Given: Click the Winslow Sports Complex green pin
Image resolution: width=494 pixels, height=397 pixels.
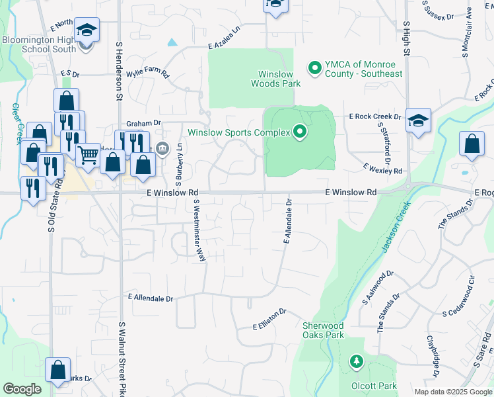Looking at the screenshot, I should tap(300, 132).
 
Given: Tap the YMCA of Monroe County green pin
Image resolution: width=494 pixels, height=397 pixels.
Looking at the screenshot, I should tap(314, 67).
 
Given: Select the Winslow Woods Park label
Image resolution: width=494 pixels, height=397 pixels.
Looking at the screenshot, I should tap(275, 79).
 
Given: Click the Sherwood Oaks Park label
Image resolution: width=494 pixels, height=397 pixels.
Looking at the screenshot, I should tap(324, 330).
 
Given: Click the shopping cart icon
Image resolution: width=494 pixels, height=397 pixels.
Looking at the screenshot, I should tap(87, 155).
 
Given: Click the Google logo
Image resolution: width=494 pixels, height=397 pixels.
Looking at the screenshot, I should tap(22, 389).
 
